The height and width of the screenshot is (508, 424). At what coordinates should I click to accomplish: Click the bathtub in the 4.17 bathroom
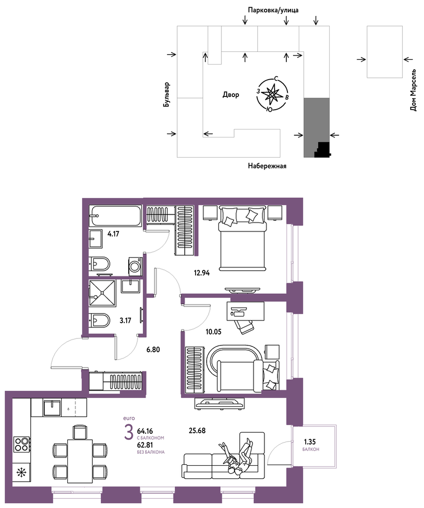(x=115, y=216)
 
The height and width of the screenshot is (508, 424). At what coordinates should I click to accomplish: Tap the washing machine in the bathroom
(x=135, y=266)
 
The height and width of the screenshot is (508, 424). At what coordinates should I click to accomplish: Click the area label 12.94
(x=202, y=273)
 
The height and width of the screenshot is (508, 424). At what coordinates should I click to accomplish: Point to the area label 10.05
(x=213, y=331)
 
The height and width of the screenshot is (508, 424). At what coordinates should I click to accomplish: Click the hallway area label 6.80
(x=153, y=350)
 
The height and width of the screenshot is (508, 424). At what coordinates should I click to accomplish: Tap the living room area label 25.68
(x=197, y=431)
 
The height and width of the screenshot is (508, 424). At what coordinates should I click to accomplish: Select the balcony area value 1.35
(x=310, y=442)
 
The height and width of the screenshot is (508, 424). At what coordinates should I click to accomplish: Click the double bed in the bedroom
(x=243, y=238)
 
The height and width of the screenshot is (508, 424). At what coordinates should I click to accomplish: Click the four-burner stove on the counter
(x=22, y=444)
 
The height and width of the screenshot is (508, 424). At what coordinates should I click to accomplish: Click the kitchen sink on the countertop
(x=52, y=408)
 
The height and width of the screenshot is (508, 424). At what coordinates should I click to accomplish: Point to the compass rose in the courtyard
(x=273, y=95)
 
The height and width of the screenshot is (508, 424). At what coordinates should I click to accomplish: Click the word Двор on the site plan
(x=231, y=95)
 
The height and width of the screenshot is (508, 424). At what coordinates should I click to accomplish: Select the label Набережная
(x=267, y=166)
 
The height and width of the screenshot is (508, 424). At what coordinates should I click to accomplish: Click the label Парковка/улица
(x=273, y=10)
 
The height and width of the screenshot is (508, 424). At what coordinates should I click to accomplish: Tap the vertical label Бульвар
(x=167, y=95)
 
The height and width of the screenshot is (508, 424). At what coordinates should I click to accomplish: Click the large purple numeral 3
(x=129, y=433)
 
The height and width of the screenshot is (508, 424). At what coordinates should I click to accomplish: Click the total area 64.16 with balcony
(x=145, y=431)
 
